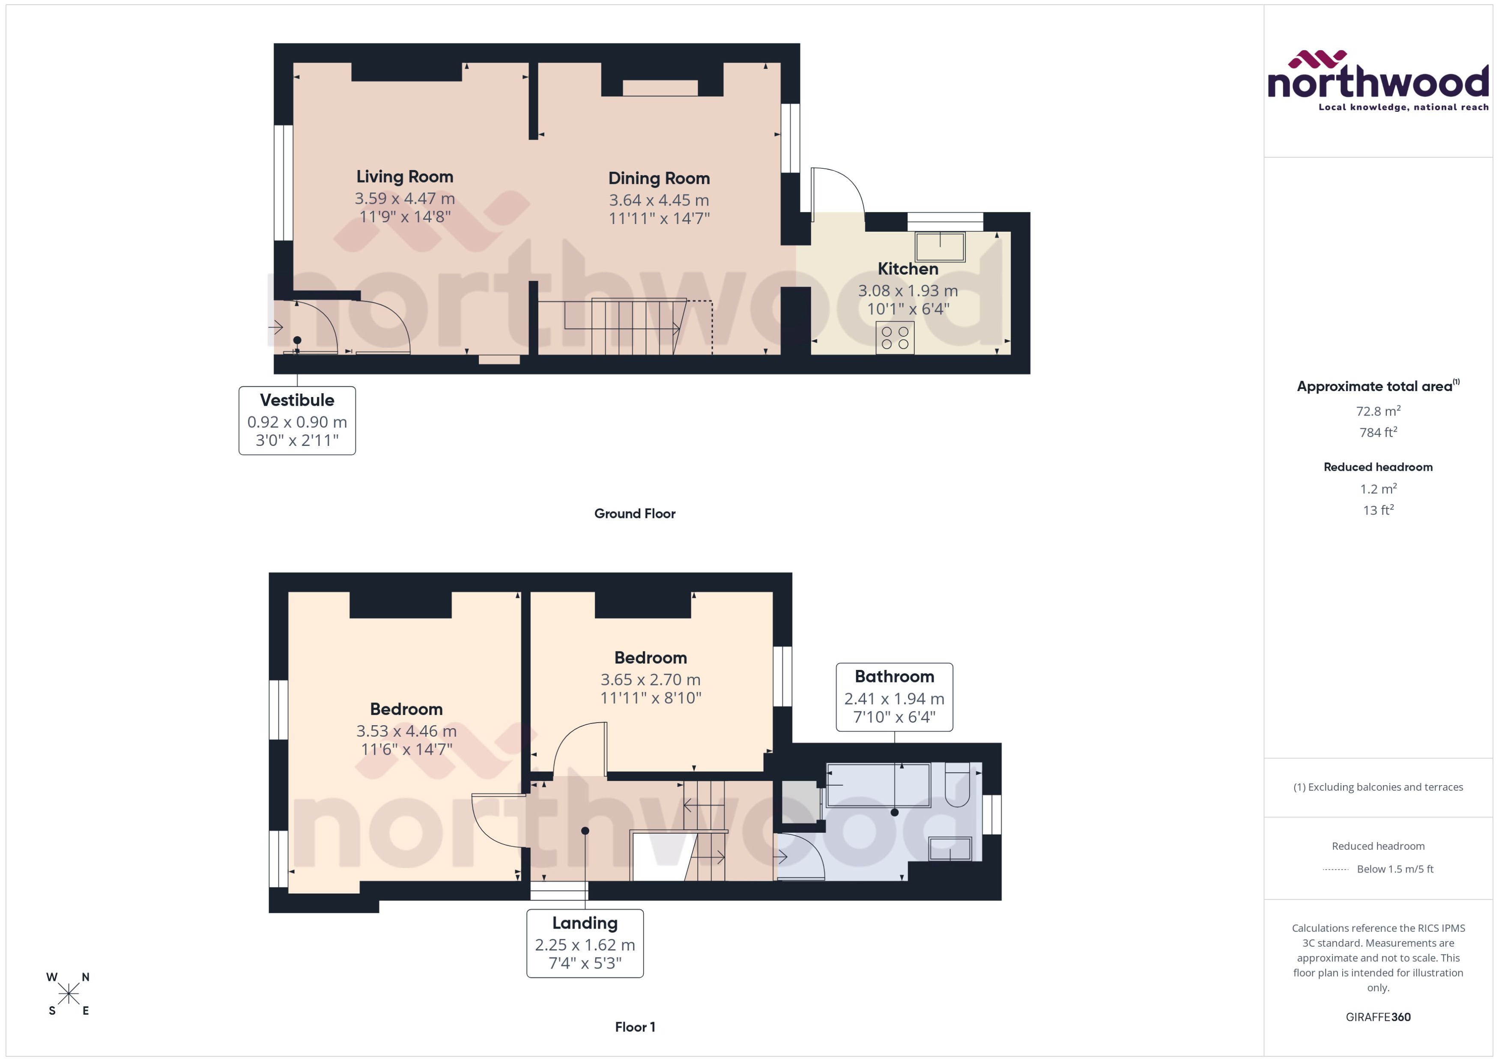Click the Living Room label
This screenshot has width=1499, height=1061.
(404, 177)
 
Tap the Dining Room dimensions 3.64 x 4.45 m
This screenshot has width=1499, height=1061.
(658, 200)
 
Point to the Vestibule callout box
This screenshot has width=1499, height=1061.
(297, 420)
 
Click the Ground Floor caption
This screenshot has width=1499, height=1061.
(634, 514)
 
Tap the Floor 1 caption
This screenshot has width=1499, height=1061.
(634, 1026)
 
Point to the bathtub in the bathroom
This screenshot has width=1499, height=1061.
(878, 785)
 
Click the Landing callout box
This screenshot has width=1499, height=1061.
(585, 943)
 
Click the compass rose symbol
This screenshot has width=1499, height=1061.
(68, 994)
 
